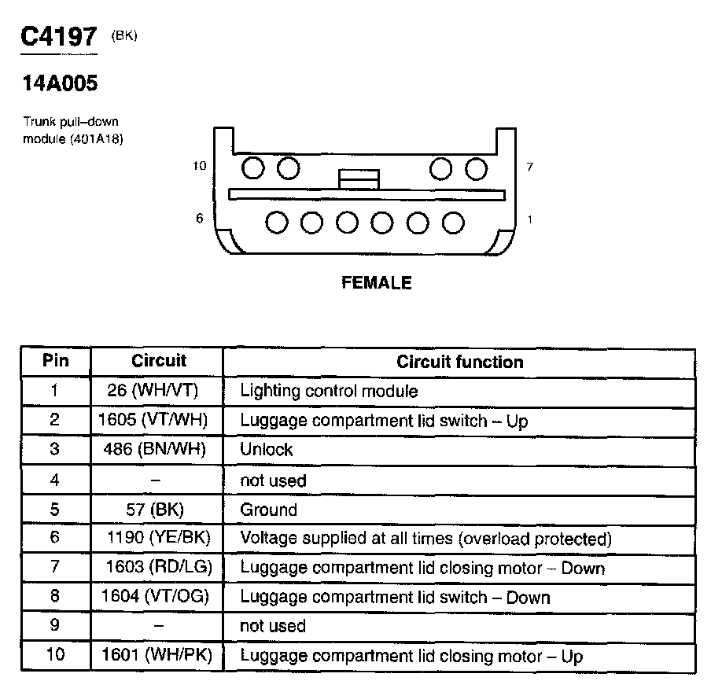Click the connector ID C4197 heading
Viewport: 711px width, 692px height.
[x=59, y=37]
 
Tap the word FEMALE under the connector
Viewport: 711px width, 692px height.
[x=377, y=282]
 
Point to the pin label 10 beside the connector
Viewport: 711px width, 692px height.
[x=199, y=166]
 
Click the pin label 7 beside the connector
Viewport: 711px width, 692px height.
[x=530, y=167]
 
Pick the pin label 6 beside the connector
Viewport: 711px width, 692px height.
[x=200, y=219]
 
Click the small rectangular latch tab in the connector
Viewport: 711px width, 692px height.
[x=359, y=179]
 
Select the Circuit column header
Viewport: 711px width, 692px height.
[x=159, y=361]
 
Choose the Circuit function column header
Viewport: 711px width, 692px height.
[x=459, y=362]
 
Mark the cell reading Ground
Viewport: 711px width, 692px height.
[x=268, y=510]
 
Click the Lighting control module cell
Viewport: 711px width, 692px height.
[x=329, y=391]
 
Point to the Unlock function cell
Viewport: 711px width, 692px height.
[x=266, y=450]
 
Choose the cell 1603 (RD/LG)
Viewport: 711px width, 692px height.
[x=158, y=568]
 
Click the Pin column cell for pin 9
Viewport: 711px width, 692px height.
[x=54, y=626]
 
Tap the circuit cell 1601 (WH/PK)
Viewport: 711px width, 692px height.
[x=157, y=656]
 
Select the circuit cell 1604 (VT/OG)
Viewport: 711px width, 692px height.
[x=156, y=598]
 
